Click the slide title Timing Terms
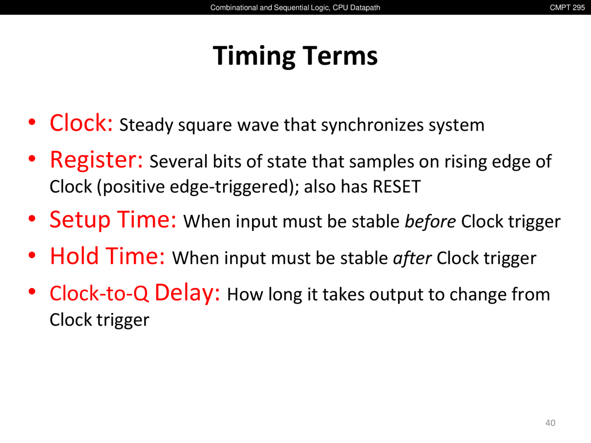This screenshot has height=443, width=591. [x=295, y=56]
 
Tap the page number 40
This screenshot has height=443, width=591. [x=550, y=423]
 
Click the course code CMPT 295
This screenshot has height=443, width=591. [x=567, y=7]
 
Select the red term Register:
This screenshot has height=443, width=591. [x=96, y=160]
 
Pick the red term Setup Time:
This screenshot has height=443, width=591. [x=113, y=220]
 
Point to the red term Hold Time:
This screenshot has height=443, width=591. [x=108, y=256]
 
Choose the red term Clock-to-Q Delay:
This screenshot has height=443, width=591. [x=135, y=293]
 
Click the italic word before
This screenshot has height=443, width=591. [x=430, y=221]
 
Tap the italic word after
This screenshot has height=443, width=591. [x=412, y=258]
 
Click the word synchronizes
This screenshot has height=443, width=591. [x=372, y=126]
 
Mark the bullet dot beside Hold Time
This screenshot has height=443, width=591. [x=32, y=255]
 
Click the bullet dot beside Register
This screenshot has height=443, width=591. [x=32, y=159]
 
